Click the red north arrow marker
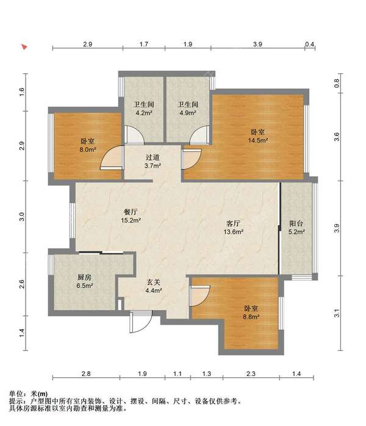(24, 47)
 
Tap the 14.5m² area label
(258, 140)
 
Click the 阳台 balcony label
(296, 223)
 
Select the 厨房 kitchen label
(84, 278)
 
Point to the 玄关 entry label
(154, 283)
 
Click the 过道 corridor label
(152, 157)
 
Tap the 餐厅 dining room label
(131, 212)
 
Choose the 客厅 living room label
(233, 223)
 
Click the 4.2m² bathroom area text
(143, 113)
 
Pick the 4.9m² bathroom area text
(188, 113)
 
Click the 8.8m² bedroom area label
(251, 317)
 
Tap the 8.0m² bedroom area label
(88, 150)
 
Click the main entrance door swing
(141, 322)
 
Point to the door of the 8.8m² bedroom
(200, 296)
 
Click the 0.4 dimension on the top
(309, 44)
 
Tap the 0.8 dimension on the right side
(337, 83)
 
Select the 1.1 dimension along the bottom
(178, 374)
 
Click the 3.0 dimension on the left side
(22, 217)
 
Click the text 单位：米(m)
(28, 394)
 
